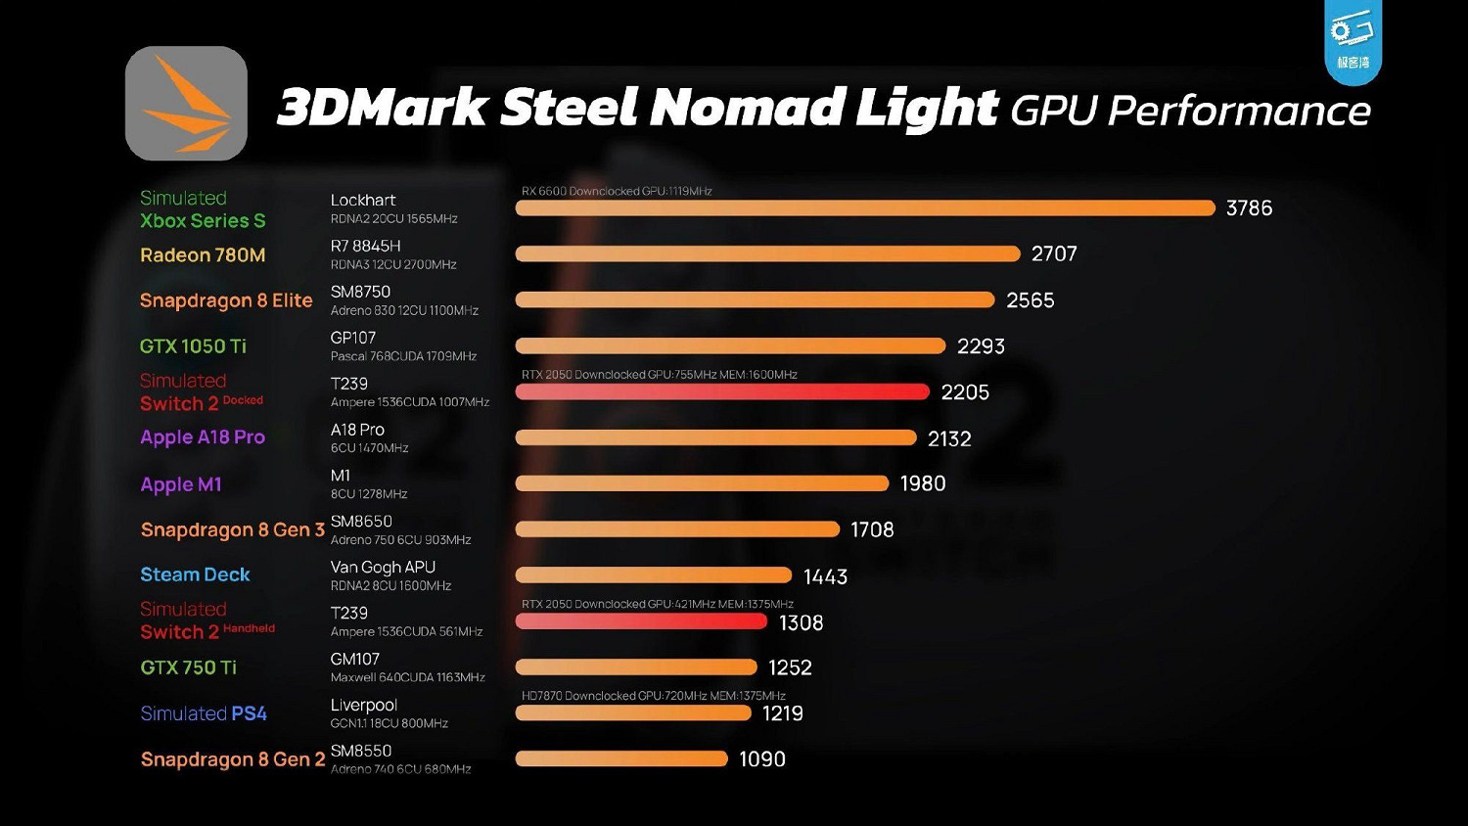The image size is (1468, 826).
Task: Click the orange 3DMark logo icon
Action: click(x=186, y=104)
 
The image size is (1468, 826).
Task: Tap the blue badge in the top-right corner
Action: click(x=1353, y=41)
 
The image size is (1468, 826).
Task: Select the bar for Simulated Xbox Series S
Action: click(x=864, y=207)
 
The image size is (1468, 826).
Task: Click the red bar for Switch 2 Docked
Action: click(x=721, y=391)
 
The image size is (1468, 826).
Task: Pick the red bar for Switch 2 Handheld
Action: click(x=641, y=621)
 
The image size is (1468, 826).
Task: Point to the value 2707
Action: click(x=1054, y=254)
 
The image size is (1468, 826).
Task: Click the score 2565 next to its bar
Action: click(x=1031, y=300)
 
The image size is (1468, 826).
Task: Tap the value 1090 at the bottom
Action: click(x=762, y=759)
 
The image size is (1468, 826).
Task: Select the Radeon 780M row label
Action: click(x=203, y=255)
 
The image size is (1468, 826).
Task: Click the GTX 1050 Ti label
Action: click(x=193, y=346)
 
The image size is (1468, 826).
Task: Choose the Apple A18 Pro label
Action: click(x=203, y=437)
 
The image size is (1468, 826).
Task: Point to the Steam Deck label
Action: click(x=195, y=574)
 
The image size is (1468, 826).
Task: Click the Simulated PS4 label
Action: click(x=204, y=713)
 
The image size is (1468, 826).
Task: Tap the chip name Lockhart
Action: click(x=363, y=201)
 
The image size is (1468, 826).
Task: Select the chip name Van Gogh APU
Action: click(x=383, y=568)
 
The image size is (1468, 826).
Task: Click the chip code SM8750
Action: click(x=360, y=292)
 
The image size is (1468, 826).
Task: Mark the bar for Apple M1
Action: click(x=702, y=483)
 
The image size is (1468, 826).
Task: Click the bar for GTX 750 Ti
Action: click(x=636, y=667)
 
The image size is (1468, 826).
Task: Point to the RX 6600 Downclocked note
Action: click(x=617, y=191)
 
